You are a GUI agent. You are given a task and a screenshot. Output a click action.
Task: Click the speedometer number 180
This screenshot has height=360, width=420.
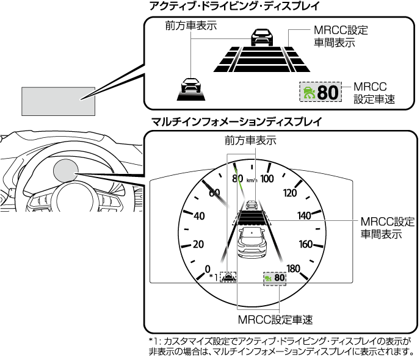coord(293,268)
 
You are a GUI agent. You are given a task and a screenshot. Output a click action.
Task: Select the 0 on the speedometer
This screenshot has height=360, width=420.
coord(208,268)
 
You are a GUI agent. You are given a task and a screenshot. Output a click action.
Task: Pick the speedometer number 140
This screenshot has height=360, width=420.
coord(304,215)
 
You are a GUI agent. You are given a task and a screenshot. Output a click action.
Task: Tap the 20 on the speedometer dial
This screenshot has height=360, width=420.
coord(197,244)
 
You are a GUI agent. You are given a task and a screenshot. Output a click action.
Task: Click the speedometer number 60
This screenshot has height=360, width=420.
coord(214,193)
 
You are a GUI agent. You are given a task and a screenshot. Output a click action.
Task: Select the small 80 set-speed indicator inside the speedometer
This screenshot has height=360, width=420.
coord(280,278)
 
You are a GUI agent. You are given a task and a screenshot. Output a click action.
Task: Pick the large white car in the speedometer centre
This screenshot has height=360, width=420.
coord(252,244)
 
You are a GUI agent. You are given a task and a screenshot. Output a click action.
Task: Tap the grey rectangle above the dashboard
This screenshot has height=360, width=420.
coord(59,100)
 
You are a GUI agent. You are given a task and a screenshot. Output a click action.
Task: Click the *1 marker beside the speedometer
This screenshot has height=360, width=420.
coord(213,278)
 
